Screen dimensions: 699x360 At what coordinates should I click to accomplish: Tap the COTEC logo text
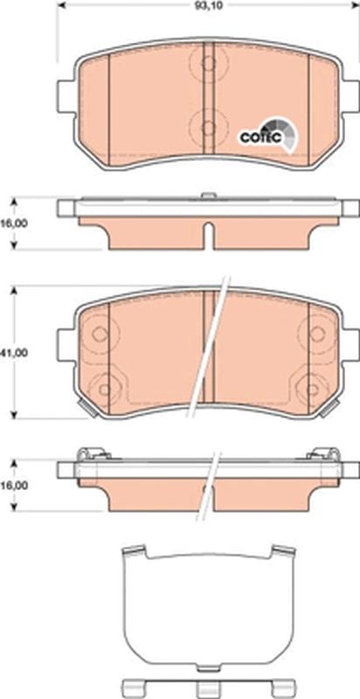(259, 136)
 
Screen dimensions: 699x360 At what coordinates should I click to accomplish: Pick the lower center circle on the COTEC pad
(207, 127)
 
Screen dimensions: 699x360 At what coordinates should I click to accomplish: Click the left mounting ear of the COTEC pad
(65, 94)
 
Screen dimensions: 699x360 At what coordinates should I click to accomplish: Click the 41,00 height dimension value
(13, 352)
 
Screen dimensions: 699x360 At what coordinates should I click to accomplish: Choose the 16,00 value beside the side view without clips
(13, 223)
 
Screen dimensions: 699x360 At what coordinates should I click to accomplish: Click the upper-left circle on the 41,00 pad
(100, 333)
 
